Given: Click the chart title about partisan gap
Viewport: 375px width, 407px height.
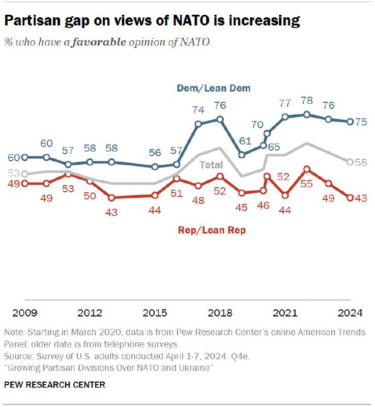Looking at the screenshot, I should (x=152, y=21).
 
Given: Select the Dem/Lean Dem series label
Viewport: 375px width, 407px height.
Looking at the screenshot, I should (x=214, y=88).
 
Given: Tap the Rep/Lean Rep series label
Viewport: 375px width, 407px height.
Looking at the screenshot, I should (x=212, y=230).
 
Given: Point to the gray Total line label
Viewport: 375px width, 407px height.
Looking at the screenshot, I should (x=211, y=165).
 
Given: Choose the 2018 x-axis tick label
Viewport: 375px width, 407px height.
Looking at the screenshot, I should (x=220, y=312).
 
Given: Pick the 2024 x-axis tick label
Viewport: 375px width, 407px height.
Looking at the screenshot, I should (x=350, y=312).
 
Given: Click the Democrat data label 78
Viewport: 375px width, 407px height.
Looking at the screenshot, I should (x=306, y=101).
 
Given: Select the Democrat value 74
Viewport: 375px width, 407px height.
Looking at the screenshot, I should (x=198, y=110).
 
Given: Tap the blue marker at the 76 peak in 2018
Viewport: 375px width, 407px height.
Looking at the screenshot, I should (x=220, y=119).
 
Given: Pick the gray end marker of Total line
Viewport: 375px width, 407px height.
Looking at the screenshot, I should (x=350, y=162).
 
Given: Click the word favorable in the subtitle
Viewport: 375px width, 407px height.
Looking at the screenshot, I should (x=99, y=42).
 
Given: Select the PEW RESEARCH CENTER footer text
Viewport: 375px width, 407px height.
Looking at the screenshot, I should (x=54, y=385).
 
